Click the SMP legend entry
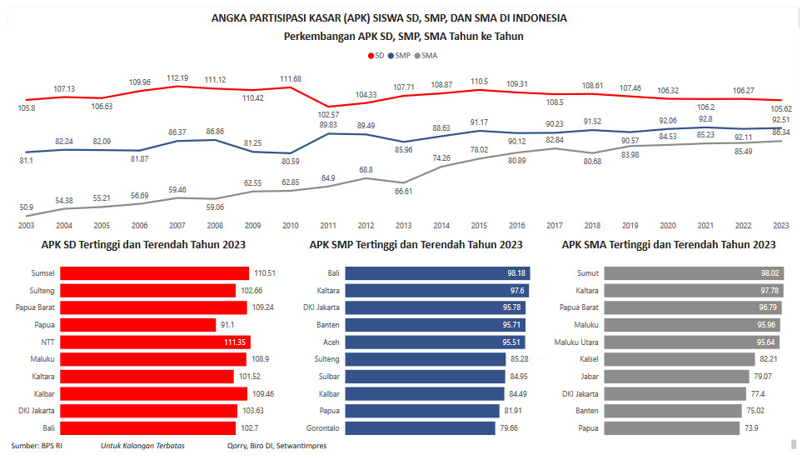[402, 56]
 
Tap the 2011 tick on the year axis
[327, 226]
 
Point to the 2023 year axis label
[780, 226]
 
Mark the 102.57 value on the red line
[329, 113]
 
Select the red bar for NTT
[155, 342]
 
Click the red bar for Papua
[138, 324]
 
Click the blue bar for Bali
[437, 272]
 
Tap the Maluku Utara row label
[575, 342]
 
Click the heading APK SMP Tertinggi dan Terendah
[416, 245]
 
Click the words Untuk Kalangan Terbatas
[142, 446]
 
